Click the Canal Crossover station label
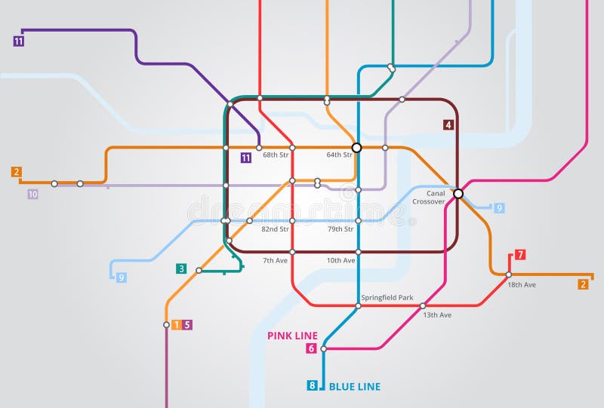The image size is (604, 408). point(429,198)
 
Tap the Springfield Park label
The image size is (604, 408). point(387,297)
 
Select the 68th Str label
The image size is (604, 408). point(276,155)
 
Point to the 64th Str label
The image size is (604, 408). point(339,155)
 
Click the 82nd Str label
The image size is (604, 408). point(275,229)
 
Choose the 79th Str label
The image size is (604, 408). point(341,229)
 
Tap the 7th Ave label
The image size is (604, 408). point(275,260)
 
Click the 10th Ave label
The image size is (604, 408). point(341,260)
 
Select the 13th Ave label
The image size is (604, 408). point(437,314)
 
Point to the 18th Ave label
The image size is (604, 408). point(522,284)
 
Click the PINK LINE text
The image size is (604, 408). point(292,336)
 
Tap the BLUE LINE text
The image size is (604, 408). point(355,387)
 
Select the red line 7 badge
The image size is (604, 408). point(520,254)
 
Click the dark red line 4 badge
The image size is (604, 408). point(448,125)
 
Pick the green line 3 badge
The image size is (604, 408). point(181,268)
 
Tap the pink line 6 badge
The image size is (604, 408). point(311,348)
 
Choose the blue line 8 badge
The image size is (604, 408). point(312,386)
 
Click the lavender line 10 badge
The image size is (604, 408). point(32,194)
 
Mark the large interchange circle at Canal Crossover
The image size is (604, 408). point(458,194)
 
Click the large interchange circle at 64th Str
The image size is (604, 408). point(357,147)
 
